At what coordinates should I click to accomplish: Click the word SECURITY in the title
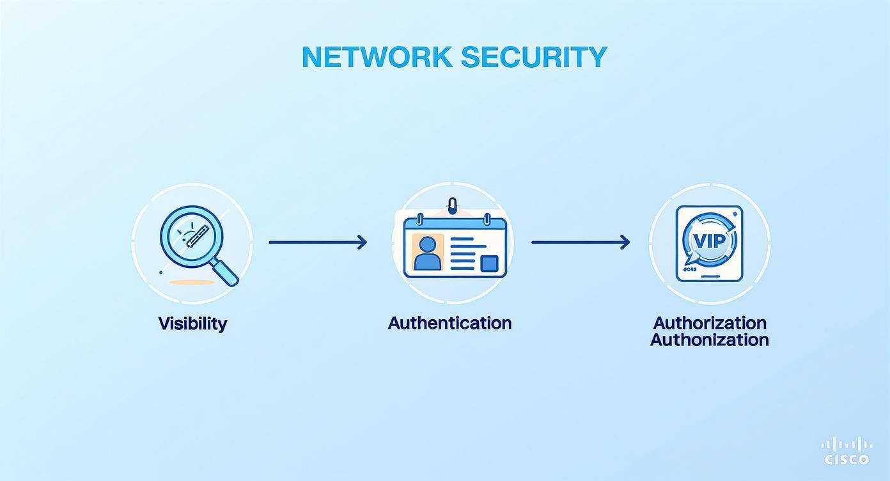[x=533, y=57]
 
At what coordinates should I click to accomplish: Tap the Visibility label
[x=192, y=323]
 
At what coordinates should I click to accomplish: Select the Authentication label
[x=449, y=322]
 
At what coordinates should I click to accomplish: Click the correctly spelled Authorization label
[x=710, y=322]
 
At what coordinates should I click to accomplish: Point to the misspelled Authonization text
[x=710, y=340]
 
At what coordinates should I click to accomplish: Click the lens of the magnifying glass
[x=189, y=237]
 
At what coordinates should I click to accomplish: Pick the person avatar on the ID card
[x=427, y=253]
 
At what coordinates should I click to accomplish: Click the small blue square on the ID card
[x=489, y=263]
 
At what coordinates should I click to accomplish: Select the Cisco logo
[x=847, y=451]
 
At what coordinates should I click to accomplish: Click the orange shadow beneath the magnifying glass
[x=191, y=282]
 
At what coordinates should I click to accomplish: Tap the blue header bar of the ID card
[x=455, y=224]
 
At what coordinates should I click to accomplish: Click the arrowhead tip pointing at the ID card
[x=366, y=242]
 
